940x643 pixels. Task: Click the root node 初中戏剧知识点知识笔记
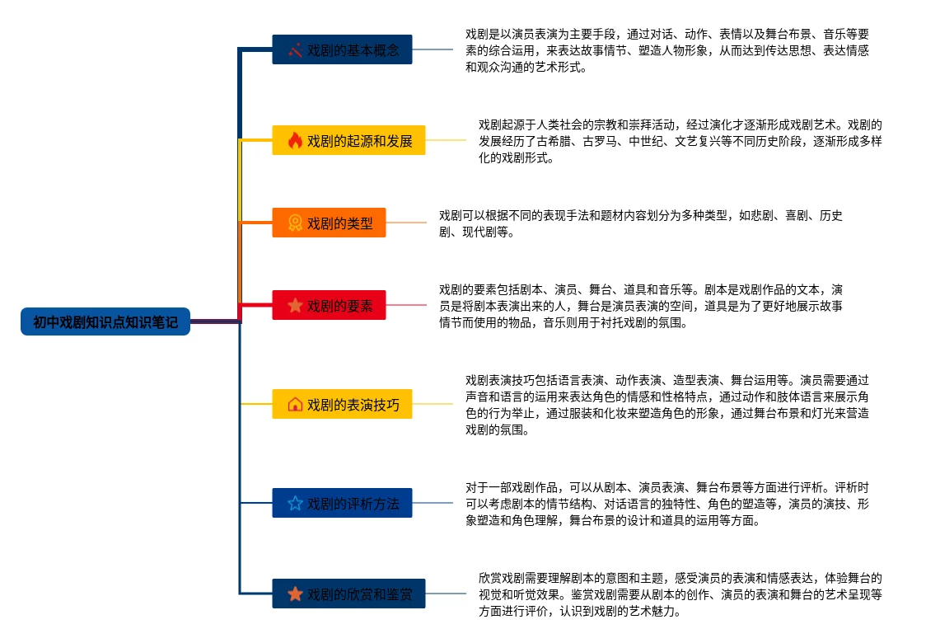105,321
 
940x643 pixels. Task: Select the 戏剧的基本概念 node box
342,49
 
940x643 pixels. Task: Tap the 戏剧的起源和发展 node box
348,140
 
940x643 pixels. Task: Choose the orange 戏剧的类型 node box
329,223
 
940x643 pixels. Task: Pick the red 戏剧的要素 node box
329,305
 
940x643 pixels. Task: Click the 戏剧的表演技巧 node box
342,404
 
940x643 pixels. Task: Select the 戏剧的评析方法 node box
342,503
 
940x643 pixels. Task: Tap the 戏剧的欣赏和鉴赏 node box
348,594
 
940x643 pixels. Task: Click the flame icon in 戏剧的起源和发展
295,140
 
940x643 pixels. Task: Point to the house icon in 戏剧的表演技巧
295,404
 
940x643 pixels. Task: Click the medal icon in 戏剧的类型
295,223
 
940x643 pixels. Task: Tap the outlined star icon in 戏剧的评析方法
295,503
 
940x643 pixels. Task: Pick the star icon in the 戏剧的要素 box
295,305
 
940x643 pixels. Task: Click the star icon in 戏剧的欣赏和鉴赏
295,594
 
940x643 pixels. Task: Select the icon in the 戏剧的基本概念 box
295,50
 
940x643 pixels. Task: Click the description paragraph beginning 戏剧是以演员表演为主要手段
667,50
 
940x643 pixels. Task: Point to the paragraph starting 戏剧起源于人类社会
680,141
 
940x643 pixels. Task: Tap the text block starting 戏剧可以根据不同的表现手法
641,223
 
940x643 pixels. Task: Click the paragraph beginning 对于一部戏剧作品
667,504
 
